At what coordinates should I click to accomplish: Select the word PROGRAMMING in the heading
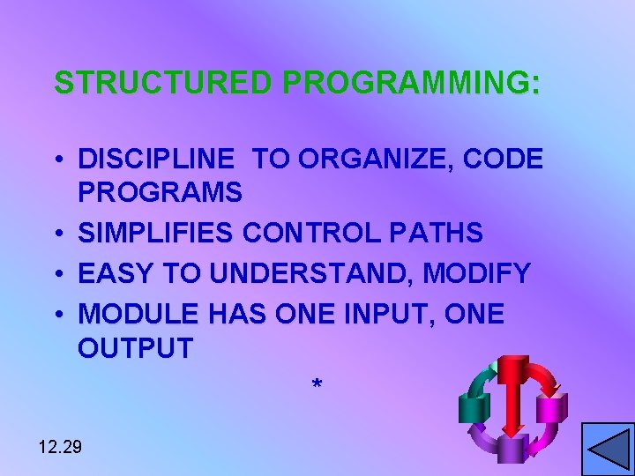pos(407,83)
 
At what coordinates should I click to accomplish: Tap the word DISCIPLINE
pos(157,159)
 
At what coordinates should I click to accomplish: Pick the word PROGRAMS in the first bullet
pos(160,191)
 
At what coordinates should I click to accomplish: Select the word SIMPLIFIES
pos(156,234)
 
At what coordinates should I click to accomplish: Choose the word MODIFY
pos(476,274)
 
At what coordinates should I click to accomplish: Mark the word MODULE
pos(139,315)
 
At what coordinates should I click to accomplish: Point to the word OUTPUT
pos(135,348)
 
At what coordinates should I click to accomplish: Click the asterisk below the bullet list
pos(317,385)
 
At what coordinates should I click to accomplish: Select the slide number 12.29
pos(61,447)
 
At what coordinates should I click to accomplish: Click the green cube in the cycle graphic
pos(474,406)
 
